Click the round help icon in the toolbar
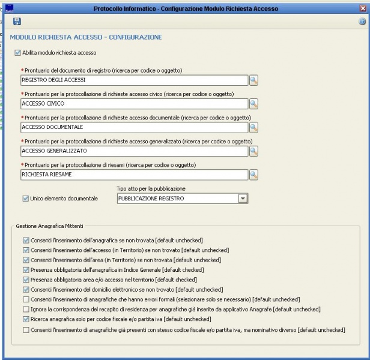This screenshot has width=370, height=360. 362,22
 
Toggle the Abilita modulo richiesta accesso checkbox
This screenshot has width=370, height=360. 17,53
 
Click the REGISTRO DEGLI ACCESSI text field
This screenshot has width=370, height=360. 134,80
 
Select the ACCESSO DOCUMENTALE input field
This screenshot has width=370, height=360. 134,127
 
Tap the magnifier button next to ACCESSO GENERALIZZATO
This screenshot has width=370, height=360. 253,151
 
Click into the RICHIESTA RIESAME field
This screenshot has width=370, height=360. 134,175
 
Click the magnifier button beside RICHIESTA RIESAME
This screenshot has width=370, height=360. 253,175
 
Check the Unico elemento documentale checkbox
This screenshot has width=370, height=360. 25,199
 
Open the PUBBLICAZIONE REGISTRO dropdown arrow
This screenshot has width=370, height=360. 243,199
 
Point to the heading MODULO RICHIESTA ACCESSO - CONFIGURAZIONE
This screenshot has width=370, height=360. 86,37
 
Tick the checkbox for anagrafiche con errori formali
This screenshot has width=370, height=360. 25,299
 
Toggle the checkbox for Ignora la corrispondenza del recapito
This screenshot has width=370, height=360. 25,309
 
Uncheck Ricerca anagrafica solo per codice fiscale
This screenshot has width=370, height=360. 25,319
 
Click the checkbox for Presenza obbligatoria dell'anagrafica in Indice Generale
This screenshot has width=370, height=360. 25,270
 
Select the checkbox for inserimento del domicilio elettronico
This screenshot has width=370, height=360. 25,289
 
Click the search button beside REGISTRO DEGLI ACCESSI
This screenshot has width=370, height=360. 253,80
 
